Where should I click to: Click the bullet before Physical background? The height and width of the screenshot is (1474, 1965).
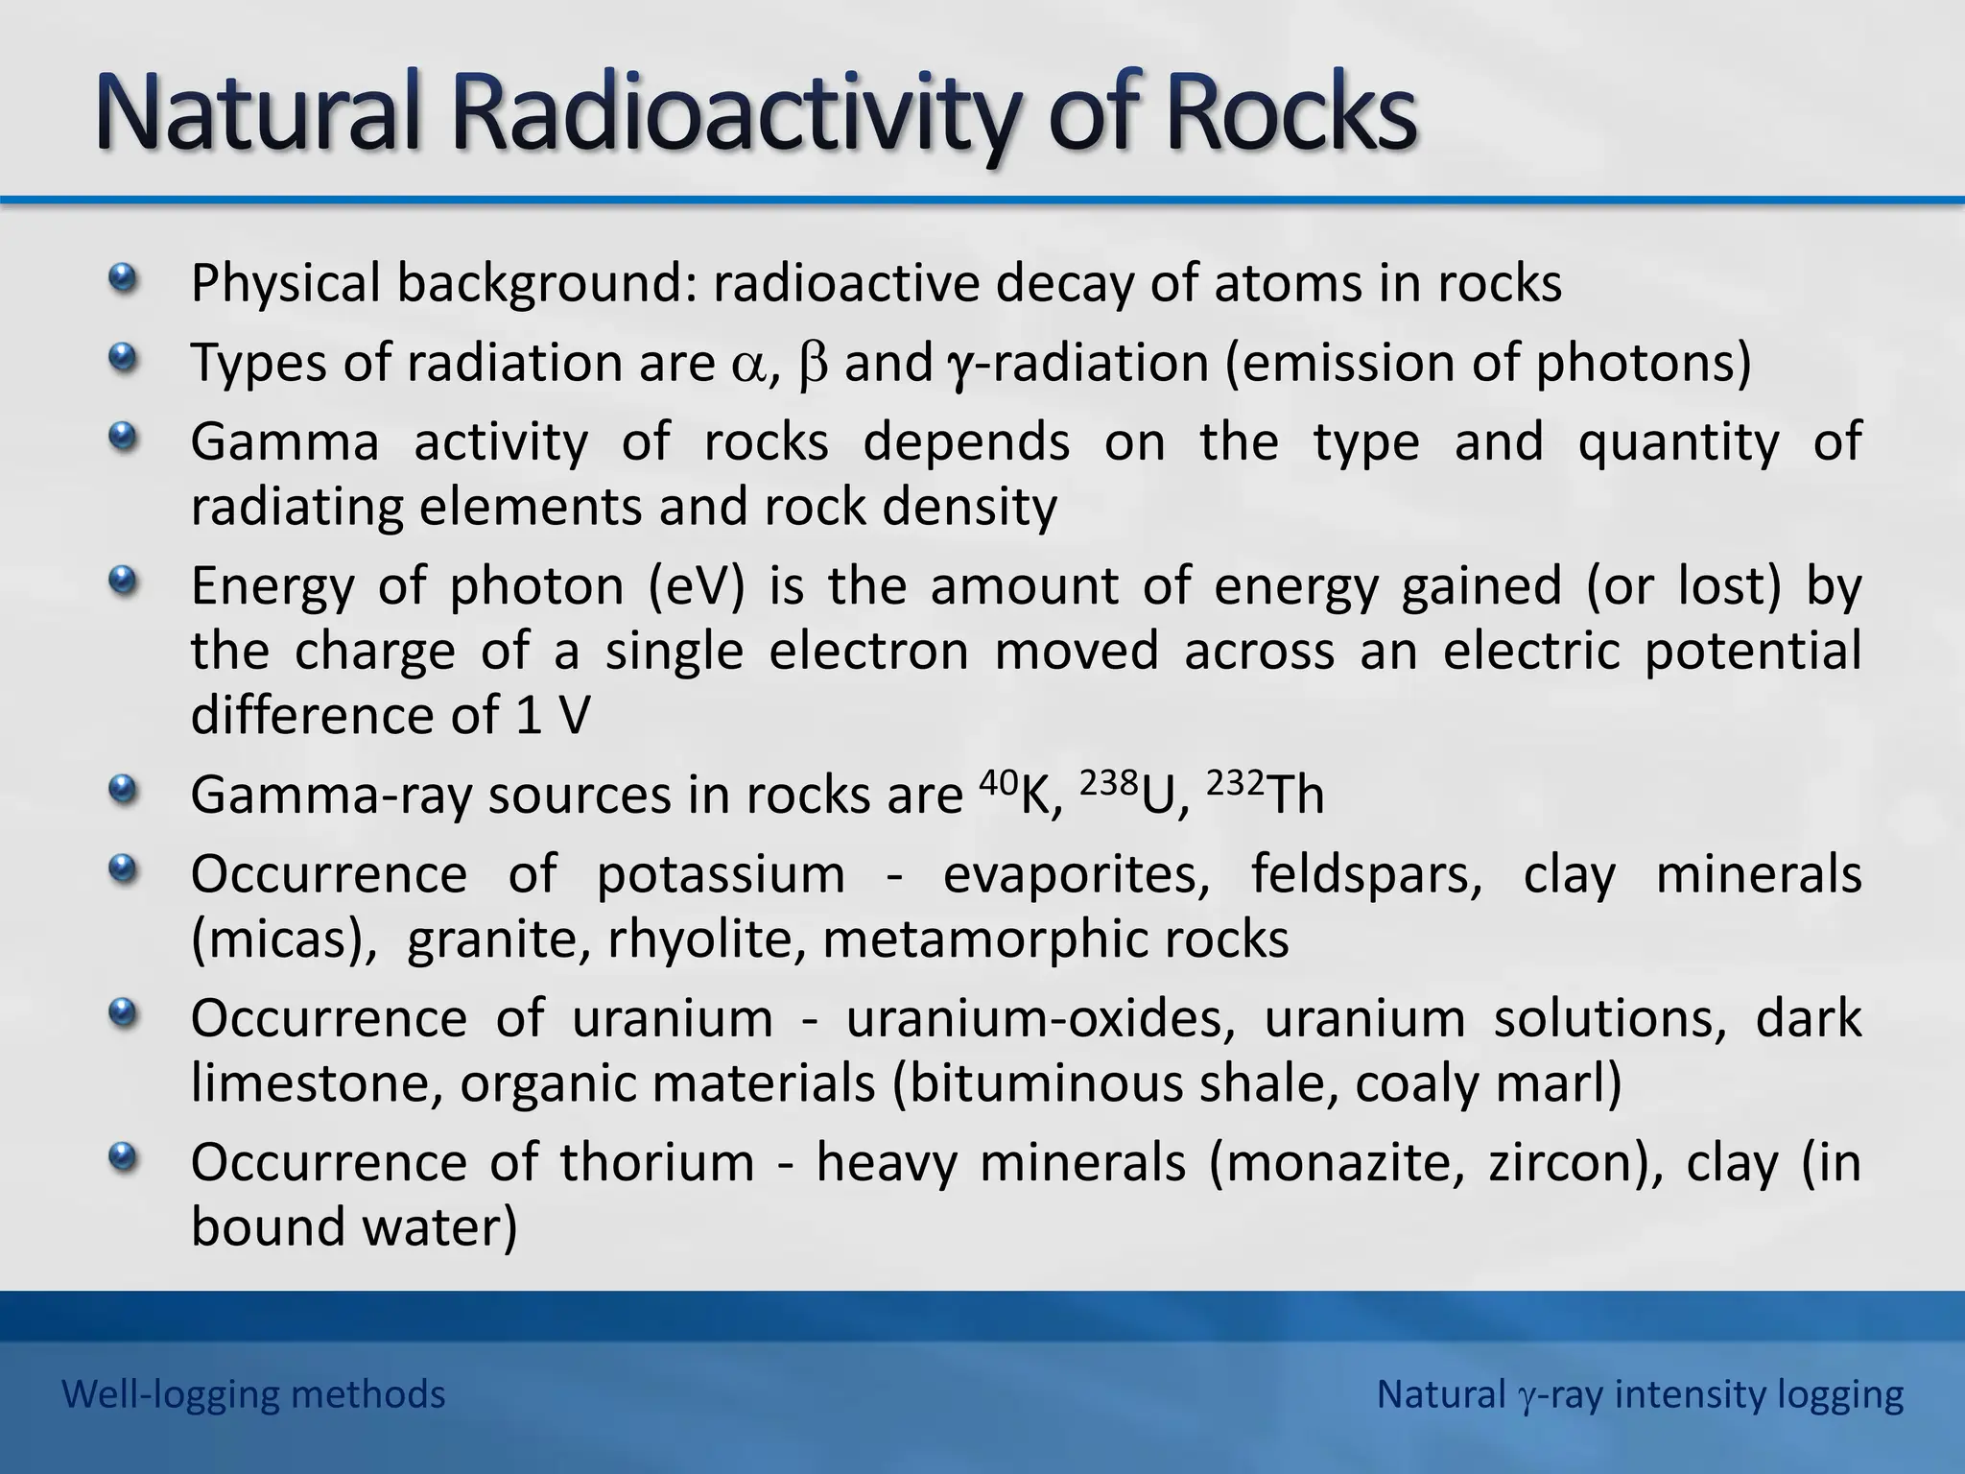coord(122,280)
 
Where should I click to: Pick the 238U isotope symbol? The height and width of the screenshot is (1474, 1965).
coord(1128,793)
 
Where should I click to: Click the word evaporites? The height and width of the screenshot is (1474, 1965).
coord(1076,875)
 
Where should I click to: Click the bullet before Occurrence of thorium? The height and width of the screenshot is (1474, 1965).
coord(122,1159)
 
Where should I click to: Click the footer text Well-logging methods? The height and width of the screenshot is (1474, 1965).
coord(253,1394)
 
